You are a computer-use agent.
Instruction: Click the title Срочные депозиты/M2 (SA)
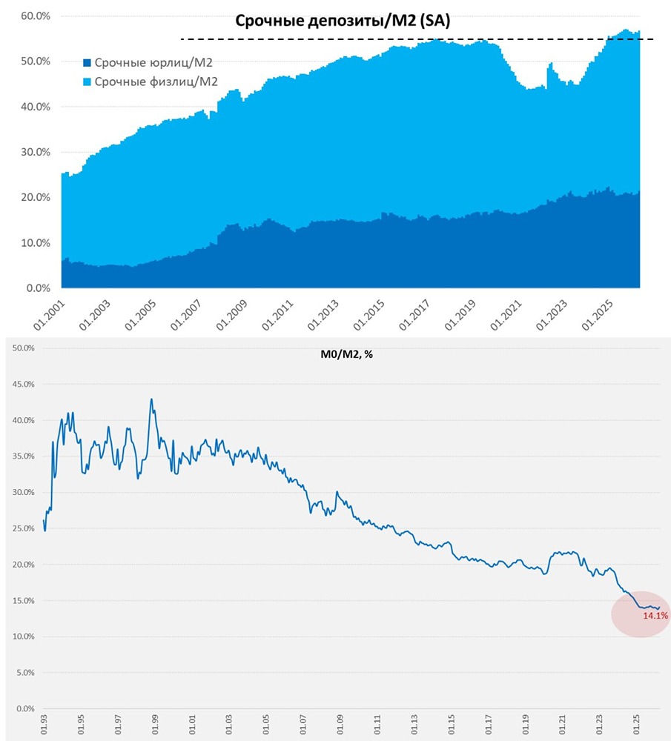pos(343,21)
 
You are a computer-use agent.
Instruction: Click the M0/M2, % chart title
pos(341,354)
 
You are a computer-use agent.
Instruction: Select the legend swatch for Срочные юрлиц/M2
pos(87,64)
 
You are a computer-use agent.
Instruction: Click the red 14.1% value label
pos(655,615)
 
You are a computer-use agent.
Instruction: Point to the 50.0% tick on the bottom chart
pos(24,348)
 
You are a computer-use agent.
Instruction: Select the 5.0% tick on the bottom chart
pos(26,673)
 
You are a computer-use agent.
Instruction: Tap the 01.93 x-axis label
pos(44,725)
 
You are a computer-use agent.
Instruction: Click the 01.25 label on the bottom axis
pos(637,725)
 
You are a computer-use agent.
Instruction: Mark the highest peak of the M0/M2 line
pos(151,399)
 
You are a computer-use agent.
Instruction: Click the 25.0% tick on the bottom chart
pos(24,528)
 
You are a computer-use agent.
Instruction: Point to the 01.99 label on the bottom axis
pos(155,725)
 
